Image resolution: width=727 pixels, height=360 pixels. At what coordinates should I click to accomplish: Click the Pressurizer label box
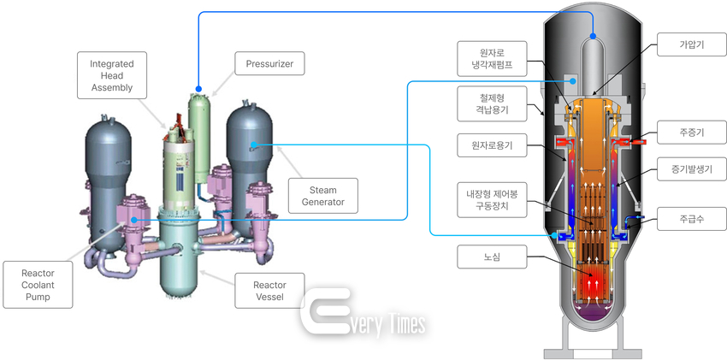point(269,63)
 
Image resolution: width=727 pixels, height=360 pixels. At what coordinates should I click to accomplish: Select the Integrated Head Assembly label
point(111,75)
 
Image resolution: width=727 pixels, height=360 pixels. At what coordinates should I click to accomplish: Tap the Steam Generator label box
point(323,196)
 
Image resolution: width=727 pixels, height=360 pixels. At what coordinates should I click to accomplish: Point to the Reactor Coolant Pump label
point(38,285)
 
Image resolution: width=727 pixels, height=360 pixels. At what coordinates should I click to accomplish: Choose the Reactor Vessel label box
point(269,291)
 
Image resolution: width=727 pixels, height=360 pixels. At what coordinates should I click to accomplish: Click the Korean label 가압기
point(691,45)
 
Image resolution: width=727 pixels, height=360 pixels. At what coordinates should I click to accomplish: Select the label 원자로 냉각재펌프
point(492,58)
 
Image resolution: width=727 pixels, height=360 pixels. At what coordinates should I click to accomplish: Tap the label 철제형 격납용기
point(492,103)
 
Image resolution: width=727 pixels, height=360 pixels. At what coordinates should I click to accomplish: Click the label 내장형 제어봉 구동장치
point(492,200)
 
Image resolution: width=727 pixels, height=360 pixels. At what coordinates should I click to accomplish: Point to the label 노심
point(492,257)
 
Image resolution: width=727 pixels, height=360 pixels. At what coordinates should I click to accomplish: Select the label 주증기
point(691,132)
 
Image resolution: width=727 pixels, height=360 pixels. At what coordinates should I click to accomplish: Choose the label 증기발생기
point(691,169)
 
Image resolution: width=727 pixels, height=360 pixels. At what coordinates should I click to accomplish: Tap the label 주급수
point(691,219)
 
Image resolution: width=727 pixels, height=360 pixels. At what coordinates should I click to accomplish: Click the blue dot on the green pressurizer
point(198,88)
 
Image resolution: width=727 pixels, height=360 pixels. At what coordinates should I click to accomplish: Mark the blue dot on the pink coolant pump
point(134,220)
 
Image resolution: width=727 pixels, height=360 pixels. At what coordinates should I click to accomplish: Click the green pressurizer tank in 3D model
point(200,137)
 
